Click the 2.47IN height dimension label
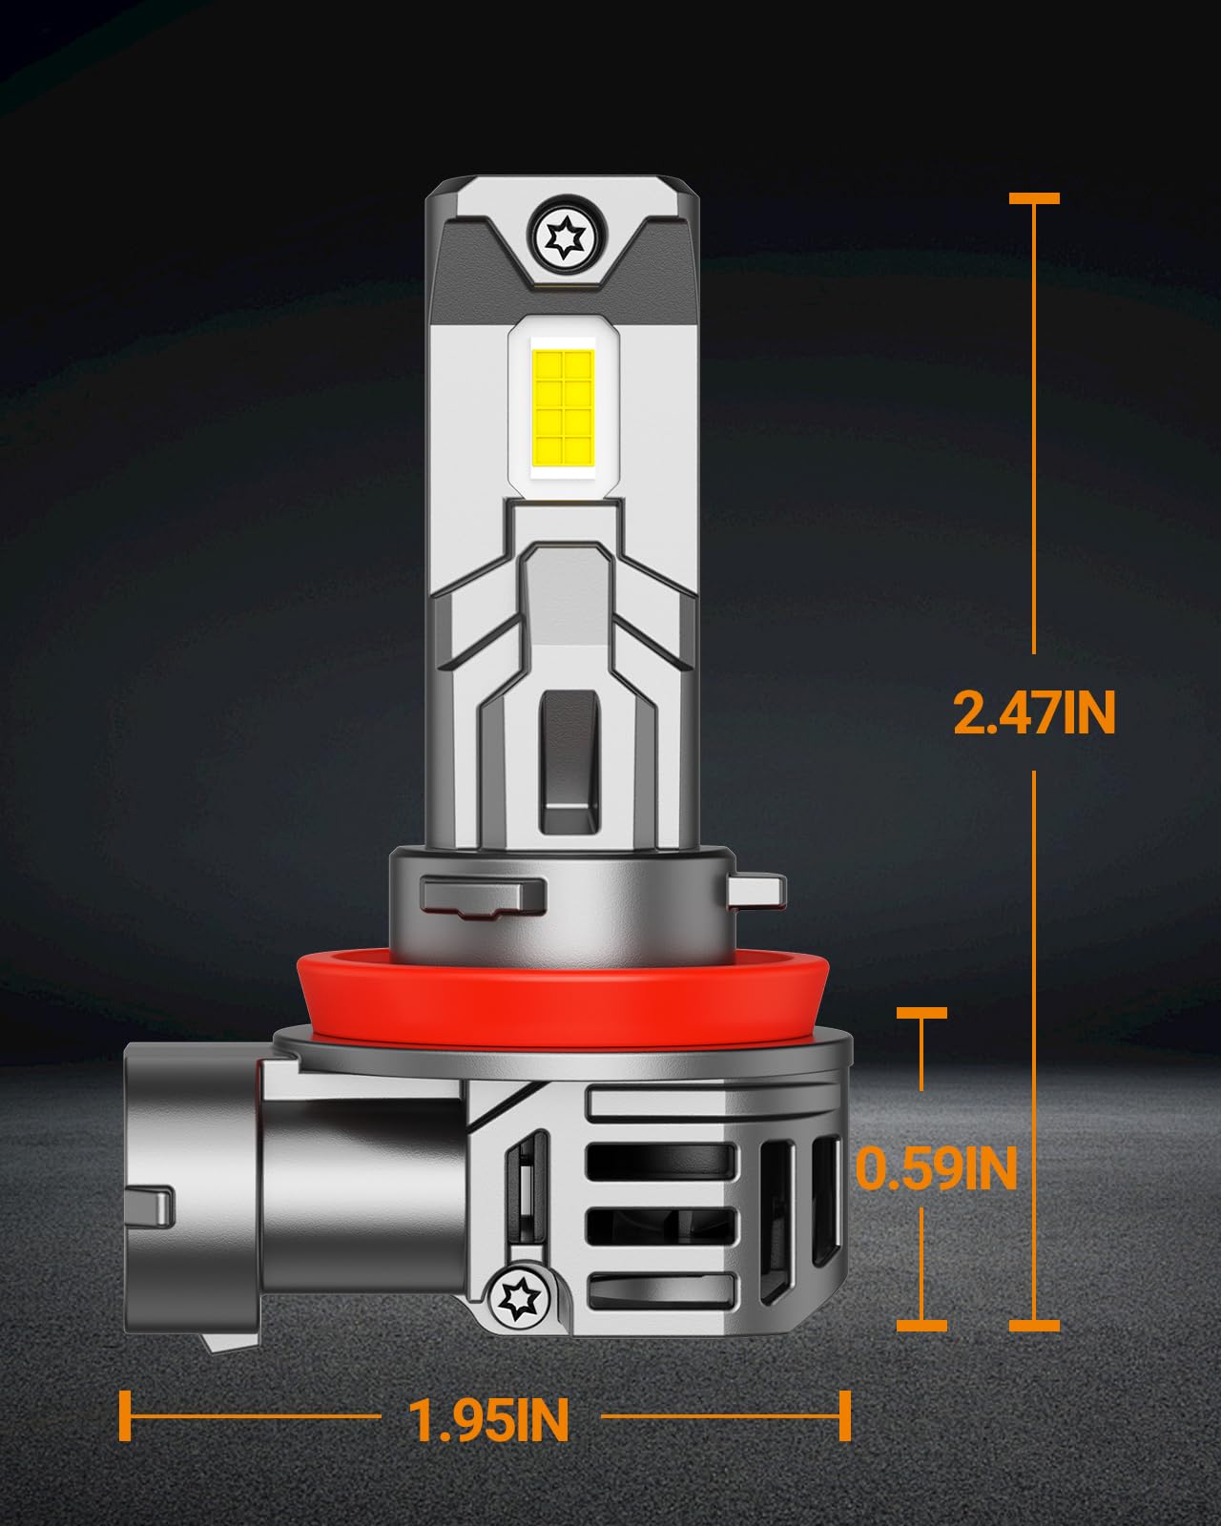[x=1034, y=712]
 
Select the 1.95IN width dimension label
[x=488, y=1420]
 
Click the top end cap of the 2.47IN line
[x=1034, y=198]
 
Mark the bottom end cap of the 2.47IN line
[x=1034, y=1325]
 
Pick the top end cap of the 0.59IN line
[x=922, y=1013]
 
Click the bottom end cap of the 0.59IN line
[x=922, y=1325]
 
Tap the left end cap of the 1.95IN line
[x=124, y=1416]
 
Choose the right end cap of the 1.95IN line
[x=844, y=1416]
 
